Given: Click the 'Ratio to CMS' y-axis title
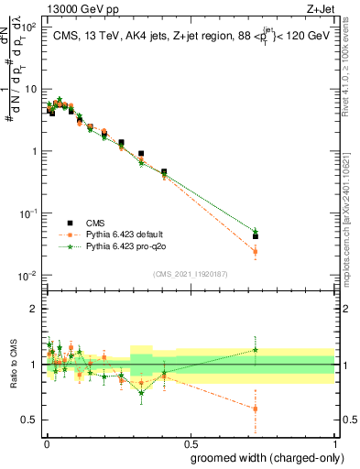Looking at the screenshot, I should (14, 365).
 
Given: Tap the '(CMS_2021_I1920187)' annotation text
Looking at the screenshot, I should (189, 272).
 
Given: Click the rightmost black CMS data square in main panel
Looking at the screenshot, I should (256, 236).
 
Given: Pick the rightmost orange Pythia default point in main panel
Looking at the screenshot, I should (256, 251).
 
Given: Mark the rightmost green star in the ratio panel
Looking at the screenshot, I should (256, 349).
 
